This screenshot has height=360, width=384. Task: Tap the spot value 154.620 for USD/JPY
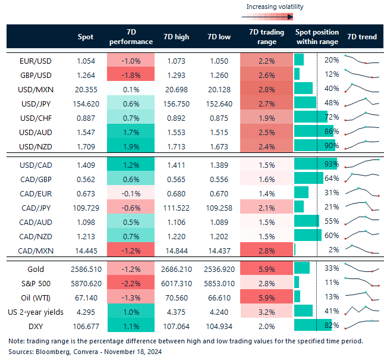click(x=86, y=102)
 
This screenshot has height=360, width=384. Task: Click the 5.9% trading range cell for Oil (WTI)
click(x=266, y=296)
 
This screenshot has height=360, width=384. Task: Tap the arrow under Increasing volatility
click(x=274, y=17)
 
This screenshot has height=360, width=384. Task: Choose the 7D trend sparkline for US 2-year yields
click(x=361, y=310)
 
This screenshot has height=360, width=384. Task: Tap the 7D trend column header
click(x=361, y=37)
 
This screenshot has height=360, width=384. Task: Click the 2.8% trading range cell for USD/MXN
click(x=266, y=89)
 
